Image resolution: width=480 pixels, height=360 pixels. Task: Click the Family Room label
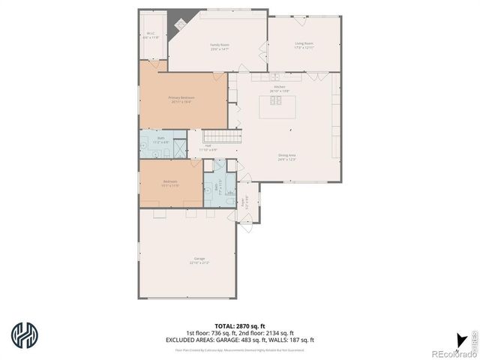pyautogui.click(x=219, y=46)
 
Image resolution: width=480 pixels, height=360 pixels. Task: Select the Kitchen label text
pyautogui.click(x=280, y=88)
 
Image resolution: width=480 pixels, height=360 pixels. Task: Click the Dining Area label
pyautogui.click(x=287, y=157)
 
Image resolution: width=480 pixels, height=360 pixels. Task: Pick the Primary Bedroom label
pyautogui.click(x=181, y=99)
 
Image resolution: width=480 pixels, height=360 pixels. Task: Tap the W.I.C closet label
pyautogui.click(x=150, y=34)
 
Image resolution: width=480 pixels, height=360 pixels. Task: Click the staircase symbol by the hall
pyautogui.click(x=223, y=136)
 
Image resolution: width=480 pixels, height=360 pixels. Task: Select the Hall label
pyautogui.click(x=208, y=147)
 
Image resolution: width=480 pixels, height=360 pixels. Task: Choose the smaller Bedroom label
pyautogui.click(x=170, y=183)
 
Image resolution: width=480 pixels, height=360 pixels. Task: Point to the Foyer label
pyautogui.click(x=244, y=201)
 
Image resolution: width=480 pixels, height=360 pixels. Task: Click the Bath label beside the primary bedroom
pyautogui.click(x=160, y=140)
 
